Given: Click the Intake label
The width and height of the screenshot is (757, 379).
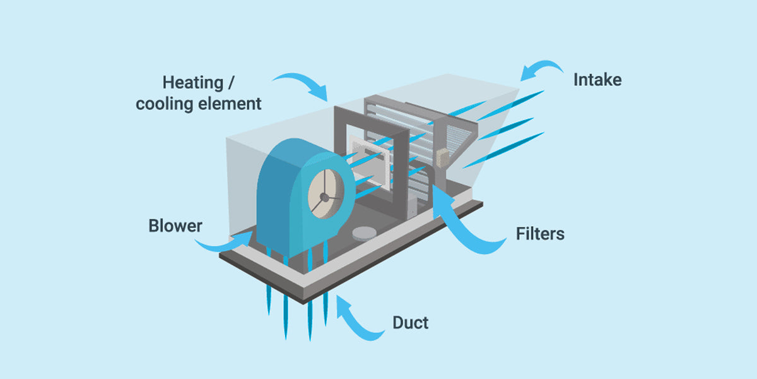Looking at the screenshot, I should (597, 80).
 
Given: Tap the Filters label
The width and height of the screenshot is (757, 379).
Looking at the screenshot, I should (540, 233).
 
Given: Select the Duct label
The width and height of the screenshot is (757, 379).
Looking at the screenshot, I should (411, 323).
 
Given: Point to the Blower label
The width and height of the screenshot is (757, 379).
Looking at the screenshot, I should (175, 226).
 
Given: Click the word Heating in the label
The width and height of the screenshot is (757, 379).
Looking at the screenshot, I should (192, 83).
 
